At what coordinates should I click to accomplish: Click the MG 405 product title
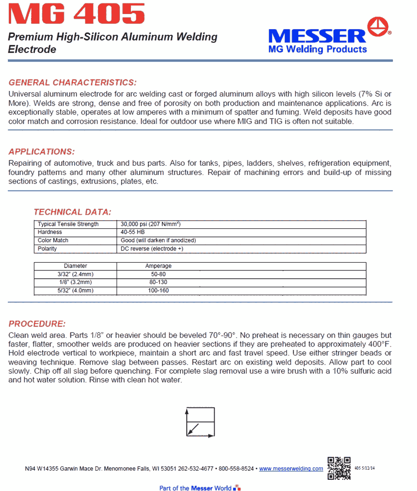point(77,14)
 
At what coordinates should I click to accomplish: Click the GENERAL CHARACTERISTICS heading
point(73,82)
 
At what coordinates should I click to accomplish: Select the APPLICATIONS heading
point(42,152)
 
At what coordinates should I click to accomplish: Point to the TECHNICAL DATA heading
point(72,212)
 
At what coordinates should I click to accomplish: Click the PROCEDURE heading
point(37,324)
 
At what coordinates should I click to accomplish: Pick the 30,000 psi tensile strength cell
point(151,224)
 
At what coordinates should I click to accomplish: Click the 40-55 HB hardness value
point(132,232)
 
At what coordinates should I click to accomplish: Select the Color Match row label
point(53,240)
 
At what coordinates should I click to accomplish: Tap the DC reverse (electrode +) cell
point(151,249)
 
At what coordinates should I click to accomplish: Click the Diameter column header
point(75,266)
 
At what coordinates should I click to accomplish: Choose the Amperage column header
point(158,266)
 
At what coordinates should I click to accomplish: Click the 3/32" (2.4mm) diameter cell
point(75,274)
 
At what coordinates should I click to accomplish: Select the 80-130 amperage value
point(158,282)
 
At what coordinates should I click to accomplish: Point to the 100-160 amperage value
point(158,290)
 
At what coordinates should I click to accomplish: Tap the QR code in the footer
point(339,468)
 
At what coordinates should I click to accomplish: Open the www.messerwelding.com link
point(291,469)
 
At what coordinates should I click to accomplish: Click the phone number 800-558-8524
point(236,469)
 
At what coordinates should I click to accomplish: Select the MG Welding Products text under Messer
point(318,49)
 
